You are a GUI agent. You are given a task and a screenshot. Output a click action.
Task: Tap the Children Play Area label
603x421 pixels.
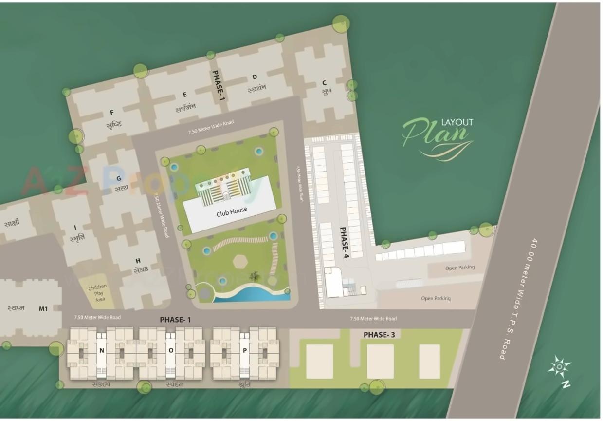pyautogui.click(x=97, y=293)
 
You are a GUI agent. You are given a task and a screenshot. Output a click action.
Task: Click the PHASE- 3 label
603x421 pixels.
pyautogui.click(x=379, y=335)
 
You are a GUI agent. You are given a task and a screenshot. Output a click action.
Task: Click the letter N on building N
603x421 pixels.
pyautogui.click(x=102, y=350)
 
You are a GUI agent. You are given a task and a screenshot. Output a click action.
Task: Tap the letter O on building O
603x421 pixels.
pyautogui.click(x=171, y=350)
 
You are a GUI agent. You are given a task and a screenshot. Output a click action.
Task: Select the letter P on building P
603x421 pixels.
pyautogui.click(x=245, y=350)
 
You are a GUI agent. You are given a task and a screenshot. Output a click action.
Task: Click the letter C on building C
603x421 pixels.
pyautogui.click(x=324, y=82)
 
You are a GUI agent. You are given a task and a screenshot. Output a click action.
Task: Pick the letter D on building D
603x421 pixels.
pyautogui.click(x=255, y=77)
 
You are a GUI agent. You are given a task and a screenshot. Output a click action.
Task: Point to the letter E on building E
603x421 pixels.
pyautogui.click(x=184, y=95)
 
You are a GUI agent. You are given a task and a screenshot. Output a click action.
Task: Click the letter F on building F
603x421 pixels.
pyautogui.click(x=111, y=113)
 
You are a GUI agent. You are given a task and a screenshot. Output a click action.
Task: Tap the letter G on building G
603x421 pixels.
pyautogui.click(x=118, y=178)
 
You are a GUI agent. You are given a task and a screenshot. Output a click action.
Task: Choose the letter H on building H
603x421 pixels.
pyautogui.click(x=138, y=261)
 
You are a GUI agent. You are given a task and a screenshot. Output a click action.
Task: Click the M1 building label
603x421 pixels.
pyautogui.click(x=43, y=308)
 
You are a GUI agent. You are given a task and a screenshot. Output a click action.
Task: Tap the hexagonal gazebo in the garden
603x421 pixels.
pyautogui.click(x=240, y=261)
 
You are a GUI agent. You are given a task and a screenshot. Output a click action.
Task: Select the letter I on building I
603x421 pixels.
pyautogui.click(x=75, y=228)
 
